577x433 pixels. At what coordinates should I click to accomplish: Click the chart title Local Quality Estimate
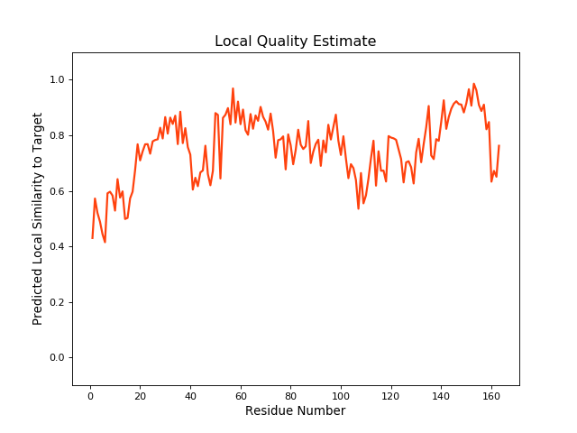[x=295, y=41]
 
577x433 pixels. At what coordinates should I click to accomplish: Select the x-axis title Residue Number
[x=295, y=411]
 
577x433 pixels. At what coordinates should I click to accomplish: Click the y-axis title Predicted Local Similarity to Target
[x=38, y=219]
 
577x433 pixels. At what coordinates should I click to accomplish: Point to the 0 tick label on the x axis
[x=90, y=394]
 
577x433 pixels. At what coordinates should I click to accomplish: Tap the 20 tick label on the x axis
[x=140, y=394]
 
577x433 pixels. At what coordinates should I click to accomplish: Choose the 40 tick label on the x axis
[x=190, y=394]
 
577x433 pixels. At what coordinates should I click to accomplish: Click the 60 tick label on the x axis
[x=240, y=394]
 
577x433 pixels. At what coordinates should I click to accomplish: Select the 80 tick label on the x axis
[x=290, y=394]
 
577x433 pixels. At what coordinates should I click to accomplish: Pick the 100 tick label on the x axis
[x=341, y=394]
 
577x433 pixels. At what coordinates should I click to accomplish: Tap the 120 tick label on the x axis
[x=390, y=394]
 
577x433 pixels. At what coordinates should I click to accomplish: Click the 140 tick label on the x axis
[x=441, y=394]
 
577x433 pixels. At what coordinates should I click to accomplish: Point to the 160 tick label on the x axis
[x=490, y=394]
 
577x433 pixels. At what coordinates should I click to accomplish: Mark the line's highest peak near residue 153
[x=473, y=84]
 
